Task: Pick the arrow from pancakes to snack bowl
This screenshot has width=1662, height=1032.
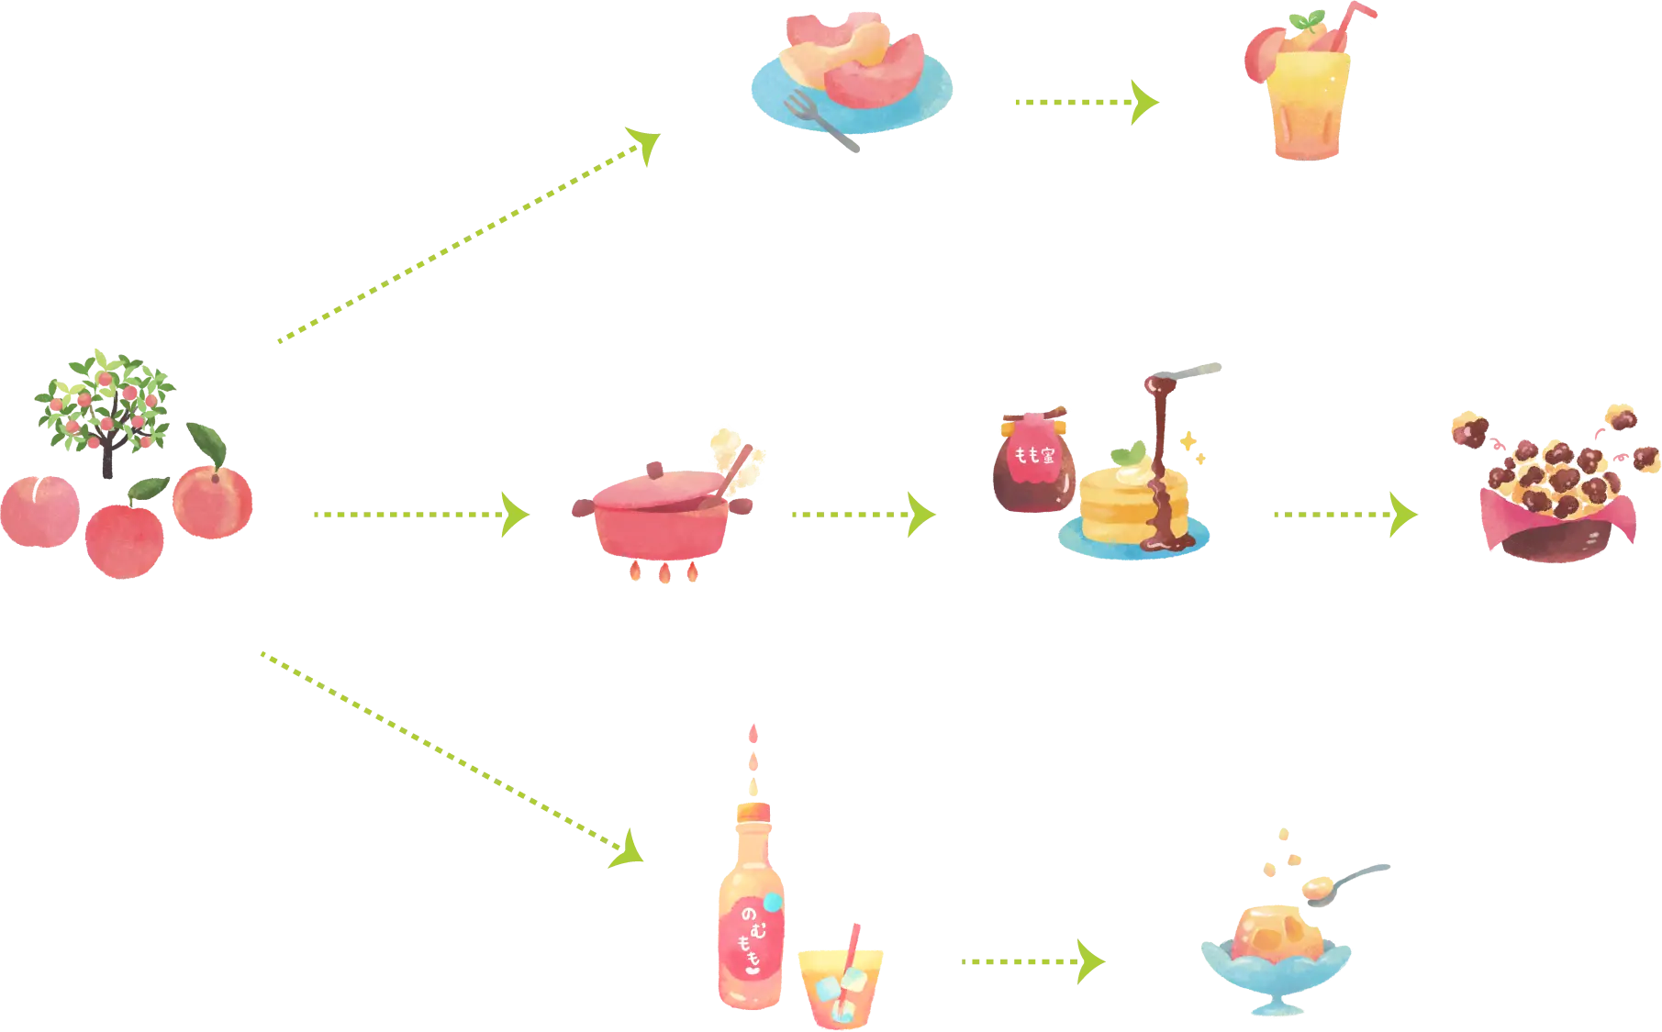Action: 1344,515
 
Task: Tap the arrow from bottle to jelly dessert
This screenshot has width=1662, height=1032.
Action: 1033,960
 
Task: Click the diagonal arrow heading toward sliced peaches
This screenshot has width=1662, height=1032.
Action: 468,239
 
